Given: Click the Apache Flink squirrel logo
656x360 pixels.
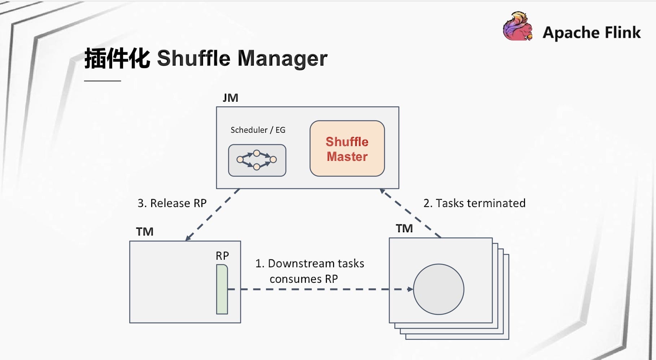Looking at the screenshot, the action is coord(518,26).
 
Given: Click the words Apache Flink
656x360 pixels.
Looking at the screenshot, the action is coord(592,32).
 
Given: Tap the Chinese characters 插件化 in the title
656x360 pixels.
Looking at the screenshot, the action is coord(117,58).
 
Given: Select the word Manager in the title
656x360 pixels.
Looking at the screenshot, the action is coord(282,58).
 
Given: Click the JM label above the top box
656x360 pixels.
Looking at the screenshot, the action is coord(230,98).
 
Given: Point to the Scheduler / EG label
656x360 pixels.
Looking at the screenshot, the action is coord(258,130).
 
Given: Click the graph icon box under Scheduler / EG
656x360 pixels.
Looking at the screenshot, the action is coord(257,161).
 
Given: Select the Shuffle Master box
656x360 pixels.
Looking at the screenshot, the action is coord(347,149).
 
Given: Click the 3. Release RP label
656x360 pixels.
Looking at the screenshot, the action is coord(172,203).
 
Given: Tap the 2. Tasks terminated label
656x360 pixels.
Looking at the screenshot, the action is coord(474,203).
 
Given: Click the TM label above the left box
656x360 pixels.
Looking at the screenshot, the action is coord(145,232).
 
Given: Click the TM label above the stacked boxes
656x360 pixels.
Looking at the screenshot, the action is coord(404,228).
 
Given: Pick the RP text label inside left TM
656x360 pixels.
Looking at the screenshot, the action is coord(222,256).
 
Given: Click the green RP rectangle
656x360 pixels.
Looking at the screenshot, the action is coord(222,289).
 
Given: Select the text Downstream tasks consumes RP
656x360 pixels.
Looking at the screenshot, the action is coord(310,271).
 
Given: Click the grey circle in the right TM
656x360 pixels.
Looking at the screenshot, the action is coord(438,289).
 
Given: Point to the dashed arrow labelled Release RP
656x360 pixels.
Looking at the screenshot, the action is coord(213,215).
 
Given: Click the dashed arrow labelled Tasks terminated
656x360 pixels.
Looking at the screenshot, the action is coord(410,213).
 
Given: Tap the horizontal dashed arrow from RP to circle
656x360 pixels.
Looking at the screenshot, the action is coord(320,289).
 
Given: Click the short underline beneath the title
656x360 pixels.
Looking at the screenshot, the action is coord(102,81).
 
